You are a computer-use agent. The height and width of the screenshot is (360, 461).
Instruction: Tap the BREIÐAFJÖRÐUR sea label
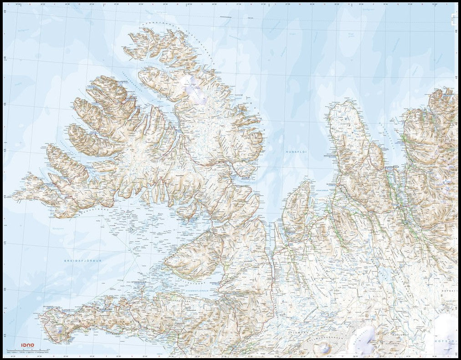pyautogui.click(x=84, y=261)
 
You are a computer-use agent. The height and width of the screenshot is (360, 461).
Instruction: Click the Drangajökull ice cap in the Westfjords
pyautogui.click(x=194, y=89)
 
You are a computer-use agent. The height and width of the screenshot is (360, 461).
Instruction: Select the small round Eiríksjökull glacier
pyautogui.click(x=324, y=347)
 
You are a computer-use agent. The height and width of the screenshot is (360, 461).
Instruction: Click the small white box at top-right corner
pyautogui.click(x=454, y=18)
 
